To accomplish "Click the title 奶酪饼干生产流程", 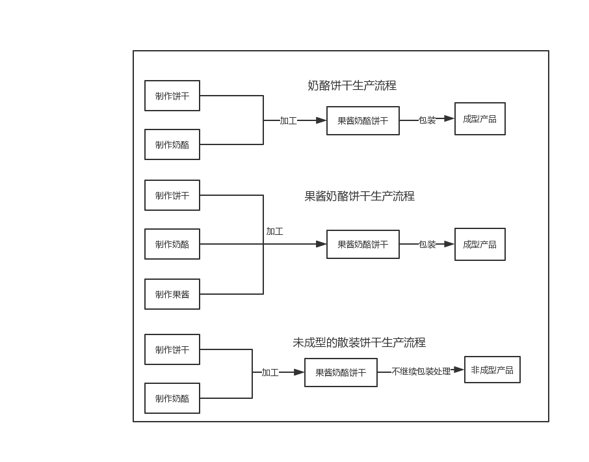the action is [352, 86].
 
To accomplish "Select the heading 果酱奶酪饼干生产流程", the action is [360, 197].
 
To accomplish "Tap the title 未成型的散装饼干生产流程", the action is [359, 342].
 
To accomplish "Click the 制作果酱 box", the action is [172, 294].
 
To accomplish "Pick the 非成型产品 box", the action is [492, 370].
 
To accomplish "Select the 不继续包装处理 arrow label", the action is [421, 372].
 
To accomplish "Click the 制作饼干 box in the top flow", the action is [172, 96].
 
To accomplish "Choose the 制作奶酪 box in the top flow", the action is [172, 144].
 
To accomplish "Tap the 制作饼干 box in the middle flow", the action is [172, 195].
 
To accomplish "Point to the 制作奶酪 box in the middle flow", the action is [172, 244].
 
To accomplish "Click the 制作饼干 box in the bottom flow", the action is [172, 349].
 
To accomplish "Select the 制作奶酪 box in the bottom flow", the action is [172, 398].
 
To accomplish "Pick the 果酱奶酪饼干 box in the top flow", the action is [363, 120].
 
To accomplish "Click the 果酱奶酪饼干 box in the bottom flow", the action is [341, 373].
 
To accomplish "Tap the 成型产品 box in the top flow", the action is [480, 119].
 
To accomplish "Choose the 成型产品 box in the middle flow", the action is [480, 245].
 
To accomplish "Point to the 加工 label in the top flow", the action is [288, 120].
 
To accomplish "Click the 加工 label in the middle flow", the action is [274, 232].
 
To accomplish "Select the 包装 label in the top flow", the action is [427, 120].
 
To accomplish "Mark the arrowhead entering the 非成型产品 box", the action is [459, 370].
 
